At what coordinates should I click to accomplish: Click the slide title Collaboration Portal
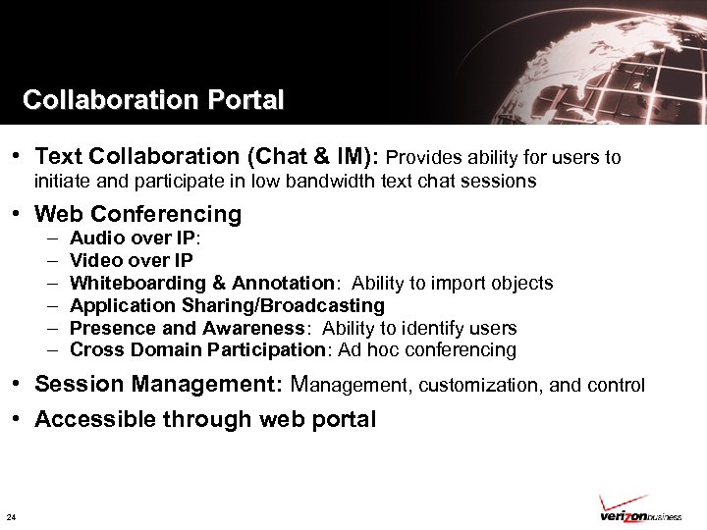153,100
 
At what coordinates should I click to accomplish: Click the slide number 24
11,517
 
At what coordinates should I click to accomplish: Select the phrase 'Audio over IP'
132,238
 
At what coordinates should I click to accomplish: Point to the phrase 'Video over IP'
132,260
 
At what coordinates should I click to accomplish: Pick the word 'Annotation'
284,283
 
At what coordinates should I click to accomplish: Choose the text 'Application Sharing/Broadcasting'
227,305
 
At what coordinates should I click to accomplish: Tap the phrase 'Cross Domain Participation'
196,349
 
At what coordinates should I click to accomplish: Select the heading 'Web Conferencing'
137,214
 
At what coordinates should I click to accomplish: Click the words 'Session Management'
160,385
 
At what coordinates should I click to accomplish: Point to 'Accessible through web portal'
205,420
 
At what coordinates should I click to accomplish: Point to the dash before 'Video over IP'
49,260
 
